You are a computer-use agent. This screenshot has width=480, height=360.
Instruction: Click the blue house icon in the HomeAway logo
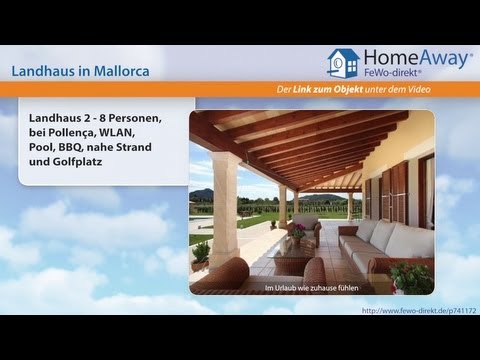[343, 64]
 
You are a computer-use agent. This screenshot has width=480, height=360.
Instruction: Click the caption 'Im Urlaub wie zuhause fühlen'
[312, 289]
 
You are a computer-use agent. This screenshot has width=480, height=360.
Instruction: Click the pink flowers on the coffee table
[297, 231]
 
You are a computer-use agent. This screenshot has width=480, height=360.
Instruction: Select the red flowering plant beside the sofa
[411, 277]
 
